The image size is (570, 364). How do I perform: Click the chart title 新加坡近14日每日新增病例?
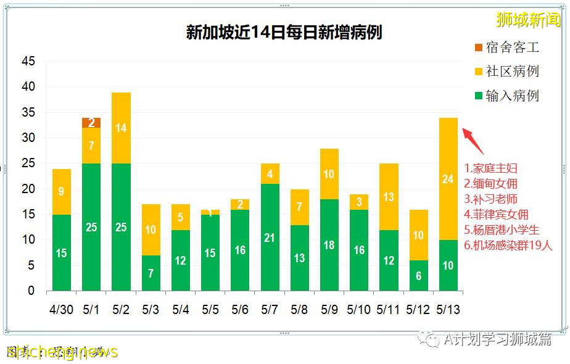284,32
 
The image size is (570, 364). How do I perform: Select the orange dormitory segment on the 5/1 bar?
91,123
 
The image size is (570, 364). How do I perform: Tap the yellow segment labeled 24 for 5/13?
448,179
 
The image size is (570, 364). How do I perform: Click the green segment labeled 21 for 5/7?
270,237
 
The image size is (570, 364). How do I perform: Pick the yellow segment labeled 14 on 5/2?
121,128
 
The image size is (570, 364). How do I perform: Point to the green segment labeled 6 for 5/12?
419,276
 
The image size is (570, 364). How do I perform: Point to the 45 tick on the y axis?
28,62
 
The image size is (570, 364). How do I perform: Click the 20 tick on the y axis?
28,189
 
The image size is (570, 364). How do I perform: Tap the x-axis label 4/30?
61,310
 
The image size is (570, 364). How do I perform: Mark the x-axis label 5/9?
329,310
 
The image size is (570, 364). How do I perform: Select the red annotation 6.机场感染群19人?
508,246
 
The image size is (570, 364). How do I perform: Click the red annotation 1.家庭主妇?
491,168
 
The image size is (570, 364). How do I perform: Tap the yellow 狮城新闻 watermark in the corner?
528,20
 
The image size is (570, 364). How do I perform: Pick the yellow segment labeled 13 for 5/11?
389,197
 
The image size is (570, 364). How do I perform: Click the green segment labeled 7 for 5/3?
151,273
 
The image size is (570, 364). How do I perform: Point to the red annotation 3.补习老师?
491,199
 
